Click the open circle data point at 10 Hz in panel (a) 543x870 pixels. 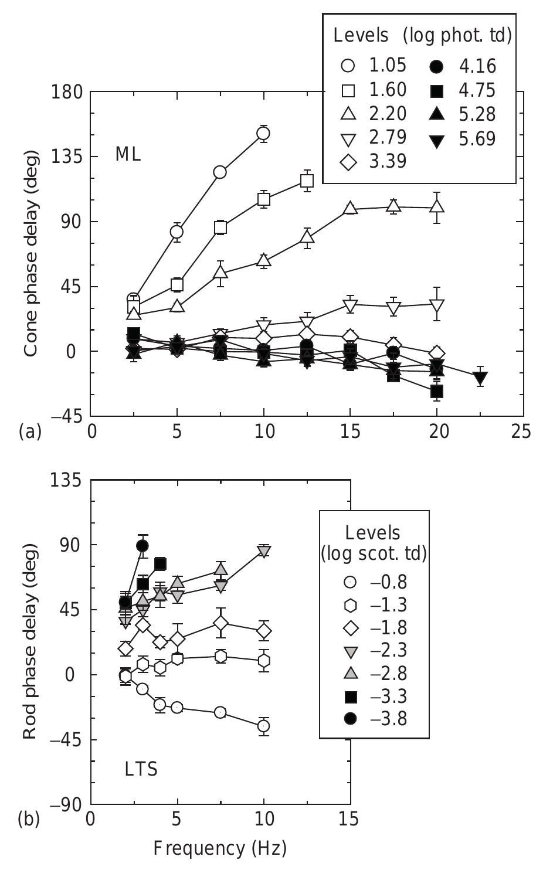(x=263, y=134)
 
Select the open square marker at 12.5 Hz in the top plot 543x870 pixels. (x=307, y=181)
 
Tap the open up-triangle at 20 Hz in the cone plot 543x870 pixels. (x=436, y=207)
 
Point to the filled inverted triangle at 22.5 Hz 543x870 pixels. (x=480, y=376)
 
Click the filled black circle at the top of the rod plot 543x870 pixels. (x=142, y=546)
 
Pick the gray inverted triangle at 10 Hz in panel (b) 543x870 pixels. (x=264, y=550)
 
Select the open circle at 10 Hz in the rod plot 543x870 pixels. (x=264, y=726)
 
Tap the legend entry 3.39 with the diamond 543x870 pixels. (x=374, y=161)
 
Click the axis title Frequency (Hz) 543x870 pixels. (x=220, y=848)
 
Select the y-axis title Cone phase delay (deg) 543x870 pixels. (x=30, y=253)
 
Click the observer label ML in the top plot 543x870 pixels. (x=128, y=155)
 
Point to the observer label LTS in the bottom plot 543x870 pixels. (x=141, y=769)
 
